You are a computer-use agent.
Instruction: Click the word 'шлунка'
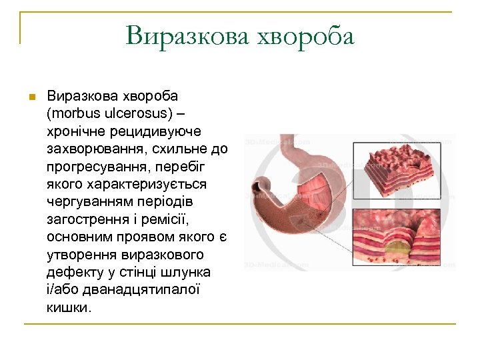pyautogui.click(x=189, y=272)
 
